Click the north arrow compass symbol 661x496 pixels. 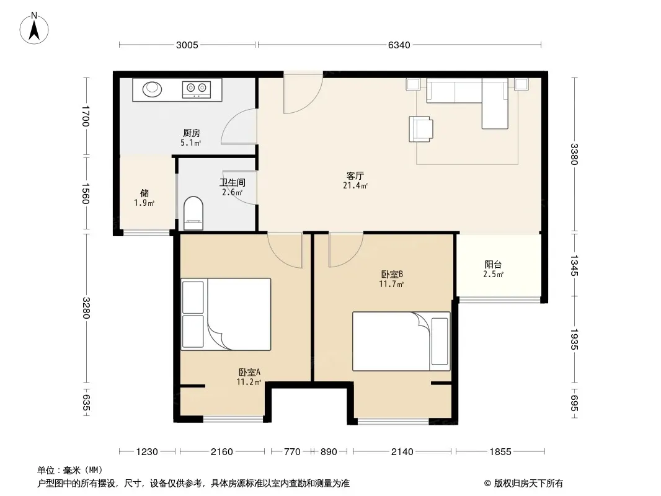34,29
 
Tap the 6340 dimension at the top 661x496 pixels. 399,45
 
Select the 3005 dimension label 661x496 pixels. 187,45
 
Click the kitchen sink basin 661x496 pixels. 152,89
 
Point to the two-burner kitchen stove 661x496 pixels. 197,89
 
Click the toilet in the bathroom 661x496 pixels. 193,213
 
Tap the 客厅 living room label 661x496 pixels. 355,175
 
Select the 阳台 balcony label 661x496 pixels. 493,265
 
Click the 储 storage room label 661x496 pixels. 144,193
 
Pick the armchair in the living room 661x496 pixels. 420,129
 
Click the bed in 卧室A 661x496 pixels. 226,314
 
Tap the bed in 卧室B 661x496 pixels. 401,342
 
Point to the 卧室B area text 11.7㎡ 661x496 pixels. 391,284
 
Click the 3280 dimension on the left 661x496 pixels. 86,308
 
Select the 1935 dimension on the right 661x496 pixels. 574,339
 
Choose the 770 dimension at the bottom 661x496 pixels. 292,452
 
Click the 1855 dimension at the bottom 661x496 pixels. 500,452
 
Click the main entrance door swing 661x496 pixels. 303,93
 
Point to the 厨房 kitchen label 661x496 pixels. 192,133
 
